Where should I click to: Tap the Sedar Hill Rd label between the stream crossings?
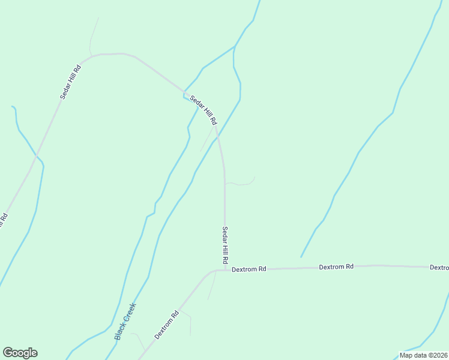coord(203,110)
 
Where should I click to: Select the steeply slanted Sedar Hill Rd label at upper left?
coord(70,81)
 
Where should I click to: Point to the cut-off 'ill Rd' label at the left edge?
coord(3,221)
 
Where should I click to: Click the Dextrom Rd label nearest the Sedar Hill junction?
coord(249,269)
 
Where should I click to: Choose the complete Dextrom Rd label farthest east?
coord(336,266)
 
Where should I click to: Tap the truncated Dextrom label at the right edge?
coord(439,267)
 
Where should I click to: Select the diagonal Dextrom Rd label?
coord(167,325)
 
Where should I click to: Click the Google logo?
coord(20,353)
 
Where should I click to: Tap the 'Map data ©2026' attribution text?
coord(424,355)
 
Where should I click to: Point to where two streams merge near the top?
coord(234,47)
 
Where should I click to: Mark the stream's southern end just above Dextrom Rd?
coord(301,256)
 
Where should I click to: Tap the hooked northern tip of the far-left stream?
coord(13,107)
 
